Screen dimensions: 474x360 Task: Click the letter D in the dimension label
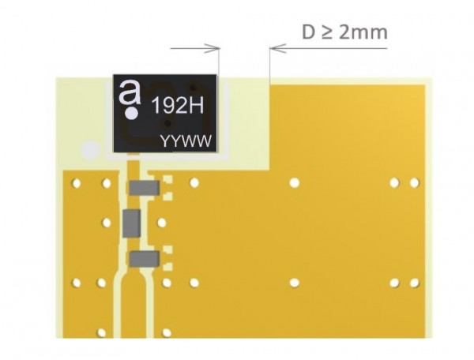point(309,32)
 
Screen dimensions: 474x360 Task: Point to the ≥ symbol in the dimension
point(326,33)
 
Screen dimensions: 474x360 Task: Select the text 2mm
point(363,32)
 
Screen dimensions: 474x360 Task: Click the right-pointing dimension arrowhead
point(213,48)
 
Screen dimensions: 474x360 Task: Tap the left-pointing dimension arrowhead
point(277,48)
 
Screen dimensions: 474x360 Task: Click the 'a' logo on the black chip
point(130,92)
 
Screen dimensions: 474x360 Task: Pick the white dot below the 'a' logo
point(132,114)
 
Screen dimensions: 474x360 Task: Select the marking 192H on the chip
point(178,106)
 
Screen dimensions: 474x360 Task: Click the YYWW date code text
point(186,141)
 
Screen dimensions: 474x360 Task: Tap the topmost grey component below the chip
point(144,188)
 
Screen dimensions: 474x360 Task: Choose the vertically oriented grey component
point(131,223)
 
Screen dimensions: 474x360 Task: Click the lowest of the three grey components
point(144,259)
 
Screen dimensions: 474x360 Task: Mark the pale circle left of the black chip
point(90,150)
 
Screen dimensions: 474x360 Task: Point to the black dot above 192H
point(193,88)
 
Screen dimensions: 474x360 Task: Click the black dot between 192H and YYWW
point(167,123)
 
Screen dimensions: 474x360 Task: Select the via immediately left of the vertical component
point(107,223)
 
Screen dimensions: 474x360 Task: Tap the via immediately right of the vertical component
point(162,223)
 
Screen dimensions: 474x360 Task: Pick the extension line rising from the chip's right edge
point(219,61)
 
